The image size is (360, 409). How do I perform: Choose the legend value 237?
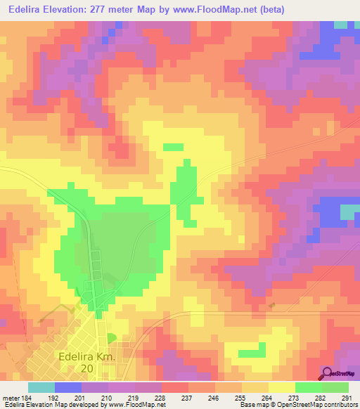click(x=188, y=396)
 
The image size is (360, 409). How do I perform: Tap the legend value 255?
click(x=242, y=396)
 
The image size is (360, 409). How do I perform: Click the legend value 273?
click(x=295, y=396)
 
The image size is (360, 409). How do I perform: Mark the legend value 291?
click(x=347, y=396)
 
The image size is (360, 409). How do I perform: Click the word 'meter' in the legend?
click(x=11, y=396)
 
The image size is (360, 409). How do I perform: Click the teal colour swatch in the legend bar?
click(x=41, y=387)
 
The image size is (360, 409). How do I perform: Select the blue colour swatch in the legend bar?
click(x=68, y=387)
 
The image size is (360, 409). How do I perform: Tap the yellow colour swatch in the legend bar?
click(x=282, y=387)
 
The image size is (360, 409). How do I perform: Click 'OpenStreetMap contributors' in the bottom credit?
click(x=317, y=405)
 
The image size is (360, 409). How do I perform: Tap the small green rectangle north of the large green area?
click(x=173, y=147)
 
